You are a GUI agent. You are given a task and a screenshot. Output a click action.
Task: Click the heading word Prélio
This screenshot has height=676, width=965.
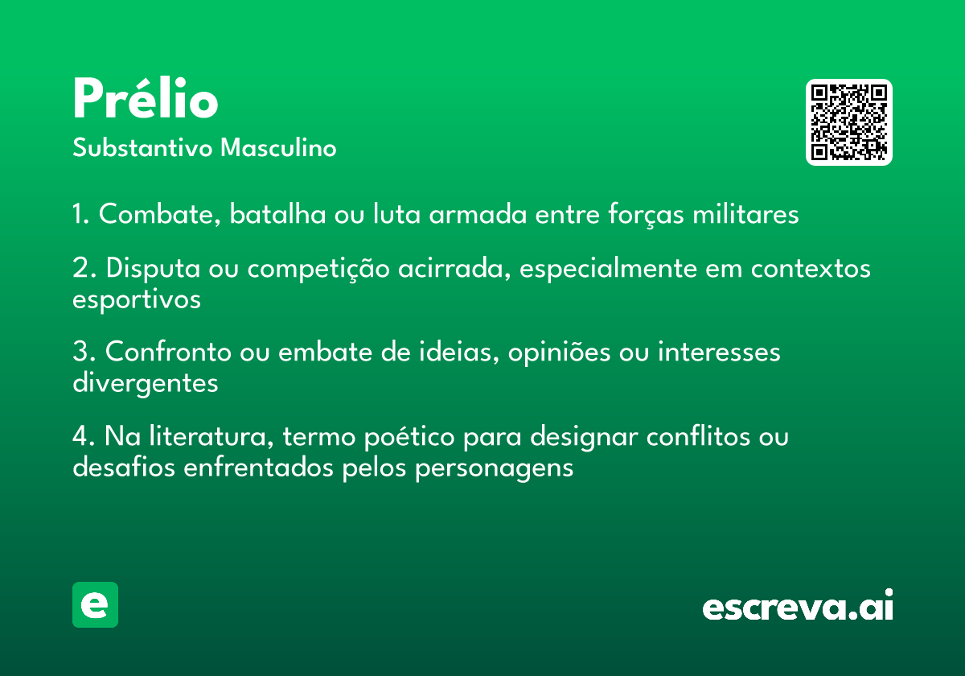(x=146, y=97)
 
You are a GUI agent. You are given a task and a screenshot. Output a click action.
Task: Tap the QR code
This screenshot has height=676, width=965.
(x=848, y=122)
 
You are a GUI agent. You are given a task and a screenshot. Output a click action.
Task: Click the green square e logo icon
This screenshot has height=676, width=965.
(x=95, y=604)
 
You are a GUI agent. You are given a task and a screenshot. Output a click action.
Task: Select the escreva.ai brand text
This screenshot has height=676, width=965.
(x=798, y=605)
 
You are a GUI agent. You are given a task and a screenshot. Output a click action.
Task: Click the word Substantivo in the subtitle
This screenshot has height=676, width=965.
(x=142, y=147)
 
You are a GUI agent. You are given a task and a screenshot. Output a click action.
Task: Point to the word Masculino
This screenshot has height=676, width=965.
(x=278, y=147)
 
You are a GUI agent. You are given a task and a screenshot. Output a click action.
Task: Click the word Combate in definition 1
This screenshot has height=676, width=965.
(x=160, y=213)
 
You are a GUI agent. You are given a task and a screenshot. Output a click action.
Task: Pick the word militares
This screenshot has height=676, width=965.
(x=745, y=213)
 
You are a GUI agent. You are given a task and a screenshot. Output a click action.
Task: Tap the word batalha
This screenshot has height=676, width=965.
(x=278, y=213)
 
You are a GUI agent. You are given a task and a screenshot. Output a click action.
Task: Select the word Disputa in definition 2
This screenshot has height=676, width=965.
(x=154, y=268)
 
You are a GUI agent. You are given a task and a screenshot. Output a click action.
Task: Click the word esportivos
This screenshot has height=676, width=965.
(x=137, y=299)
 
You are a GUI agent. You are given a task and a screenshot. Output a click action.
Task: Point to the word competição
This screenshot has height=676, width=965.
(x=318, y=269)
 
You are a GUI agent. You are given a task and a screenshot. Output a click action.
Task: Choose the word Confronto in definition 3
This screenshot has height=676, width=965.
(x=168, y=352)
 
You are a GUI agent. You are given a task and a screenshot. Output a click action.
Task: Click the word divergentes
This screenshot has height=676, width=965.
(x=146, y=383)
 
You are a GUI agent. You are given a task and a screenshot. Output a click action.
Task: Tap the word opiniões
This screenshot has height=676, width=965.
(x=559, y=352)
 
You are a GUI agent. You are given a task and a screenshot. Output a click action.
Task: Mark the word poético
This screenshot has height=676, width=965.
(x=409, y=437)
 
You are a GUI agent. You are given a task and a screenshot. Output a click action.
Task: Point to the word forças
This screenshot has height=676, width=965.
(x=646, y=214)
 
